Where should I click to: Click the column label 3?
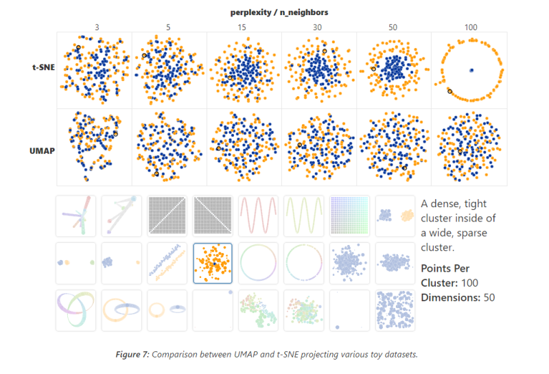[x=97, y=27]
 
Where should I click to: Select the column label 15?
[x=243, y=27]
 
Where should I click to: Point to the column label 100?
[x=470, y=27]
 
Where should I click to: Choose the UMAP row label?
[x=43, y=148]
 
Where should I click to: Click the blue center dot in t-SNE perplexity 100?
[x=471, y=70]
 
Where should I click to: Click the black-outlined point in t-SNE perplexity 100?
[x=449, y=91]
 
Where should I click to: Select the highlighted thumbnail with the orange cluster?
[x=213, y=263]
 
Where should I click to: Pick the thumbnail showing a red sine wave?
[x=258, y=215]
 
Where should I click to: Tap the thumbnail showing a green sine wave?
[x=304, y=215]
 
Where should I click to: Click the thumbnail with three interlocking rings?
[x=75, y=309]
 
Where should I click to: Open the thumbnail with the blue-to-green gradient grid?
[x=350, y=215]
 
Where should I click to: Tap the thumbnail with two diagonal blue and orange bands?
[x=167, y=263]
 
